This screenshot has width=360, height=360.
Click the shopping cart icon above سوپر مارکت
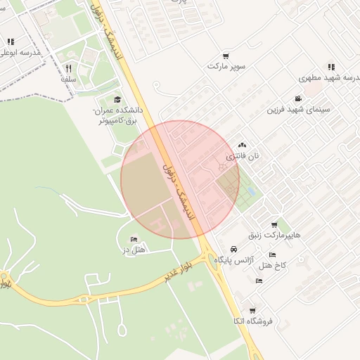pos(225,56)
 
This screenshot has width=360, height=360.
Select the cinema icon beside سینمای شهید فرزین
pos(299,99)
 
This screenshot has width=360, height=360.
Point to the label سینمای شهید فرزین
pos(298,110)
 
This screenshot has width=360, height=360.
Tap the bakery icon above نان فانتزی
pos(243,144)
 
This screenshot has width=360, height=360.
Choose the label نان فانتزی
pos(243,155)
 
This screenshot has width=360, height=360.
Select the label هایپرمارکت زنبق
pos(274,235)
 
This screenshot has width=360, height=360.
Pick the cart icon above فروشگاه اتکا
pos(252,311)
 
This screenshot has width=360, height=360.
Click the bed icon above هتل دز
pos(134,239)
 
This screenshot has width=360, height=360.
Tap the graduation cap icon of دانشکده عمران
pos(117,99)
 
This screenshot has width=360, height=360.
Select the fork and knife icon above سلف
pos(68,69)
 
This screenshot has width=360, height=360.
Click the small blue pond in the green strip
pos(250,191)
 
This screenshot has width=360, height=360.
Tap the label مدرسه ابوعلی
pos(20,53)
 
